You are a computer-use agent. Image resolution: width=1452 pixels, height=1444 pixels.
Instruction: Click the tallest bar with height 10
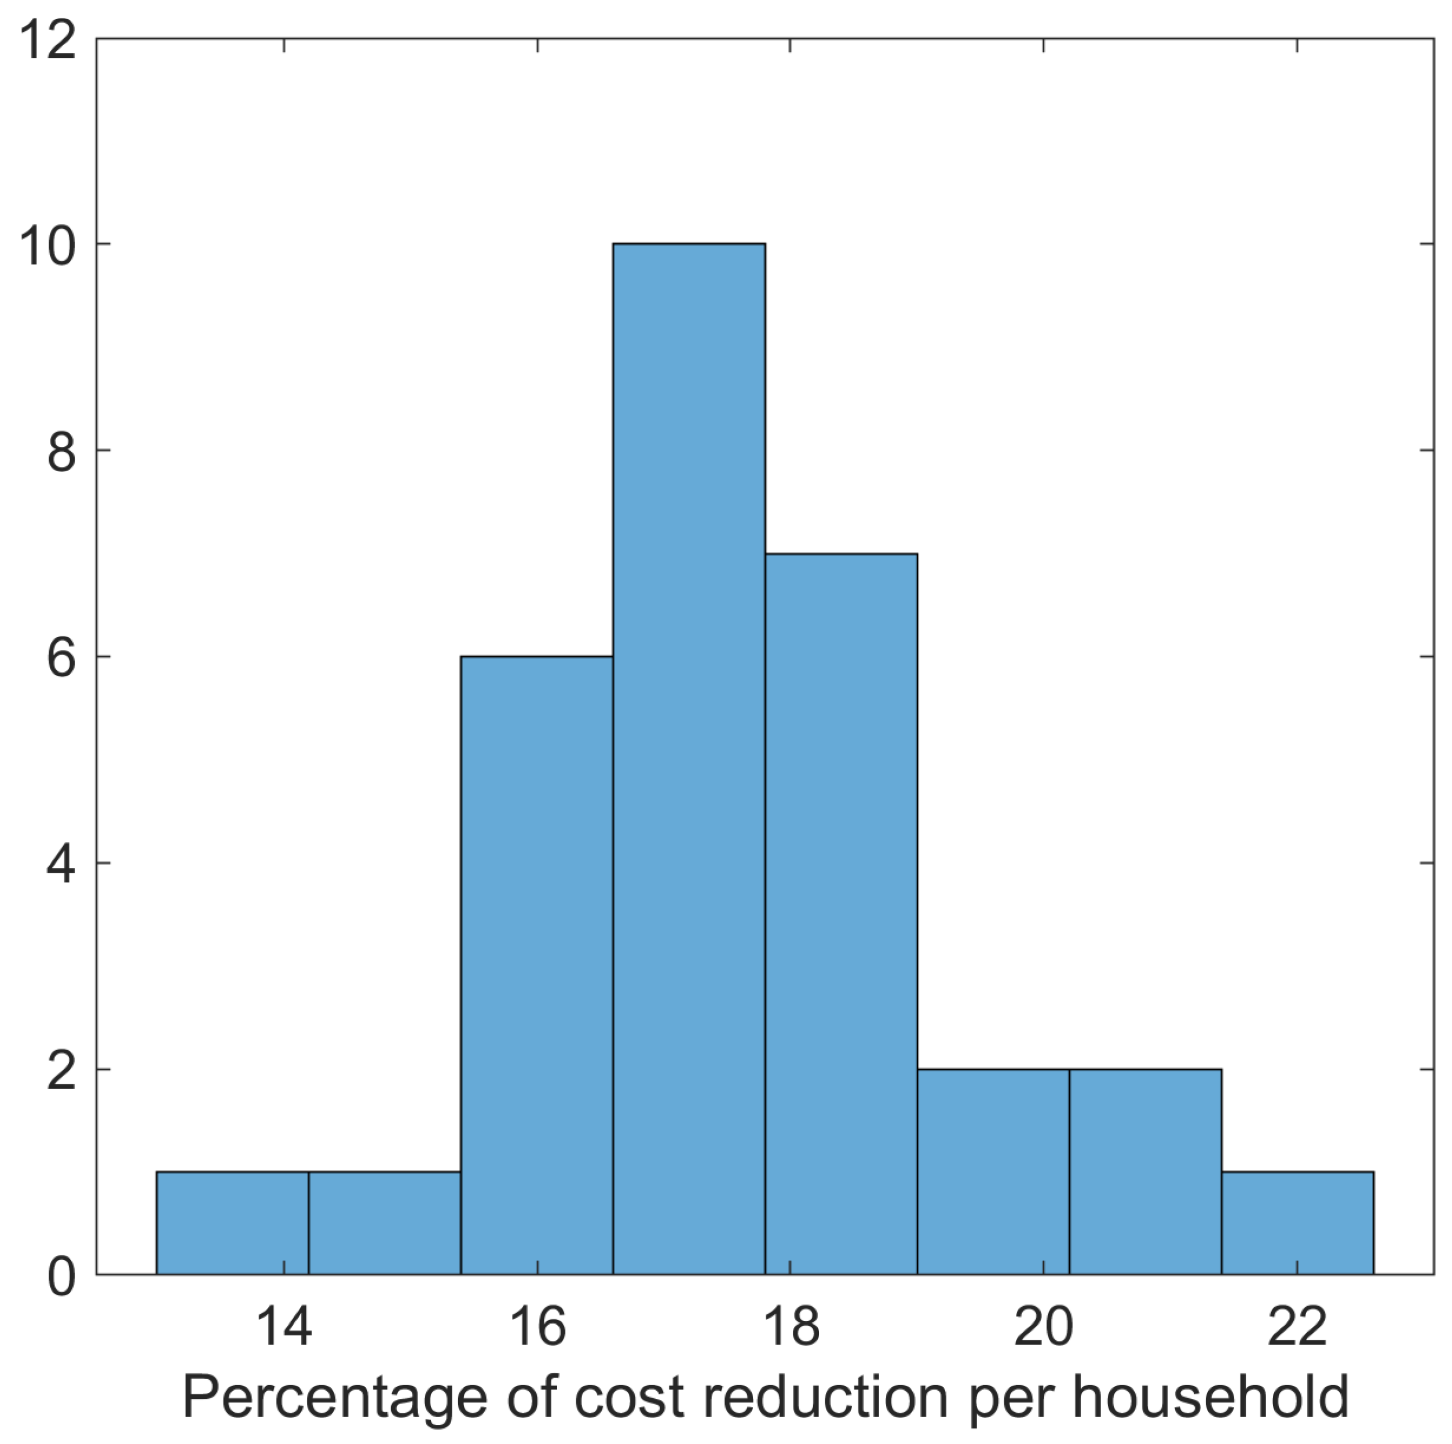click(x=689, y=759)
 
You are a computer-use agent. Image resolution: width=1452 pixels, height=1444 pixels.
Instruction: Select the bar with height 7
click(x=841, y=913)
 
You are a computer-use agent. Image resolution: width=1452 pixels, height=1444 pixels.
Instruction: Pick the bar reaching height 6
click(x=536, y=966)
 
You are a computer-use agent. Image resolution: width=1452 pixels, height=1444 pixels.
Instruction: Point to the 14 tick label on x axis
click(x=283, y=1328)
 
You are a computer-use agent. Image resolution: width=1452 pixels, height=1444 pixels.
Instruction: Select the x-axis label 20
click(x=1043, y=1328)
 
